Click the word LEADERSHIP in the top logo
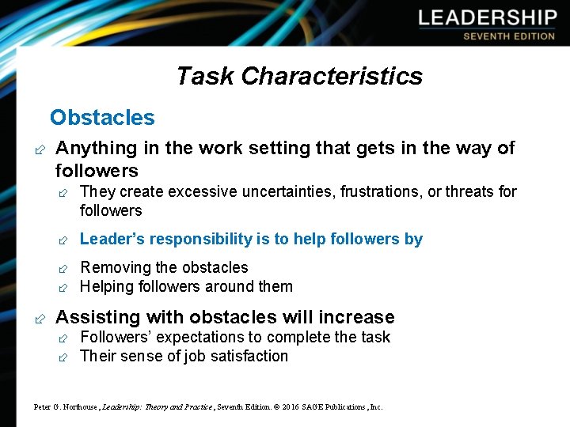click(x=488, y=18)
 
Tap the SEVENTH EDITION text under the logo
click(x=509, y=36)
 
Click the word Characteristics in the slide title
click(x=332, y=76)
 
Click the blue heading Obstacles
click(x=102, y=118)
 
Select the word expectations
click(x=188, y=338)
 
